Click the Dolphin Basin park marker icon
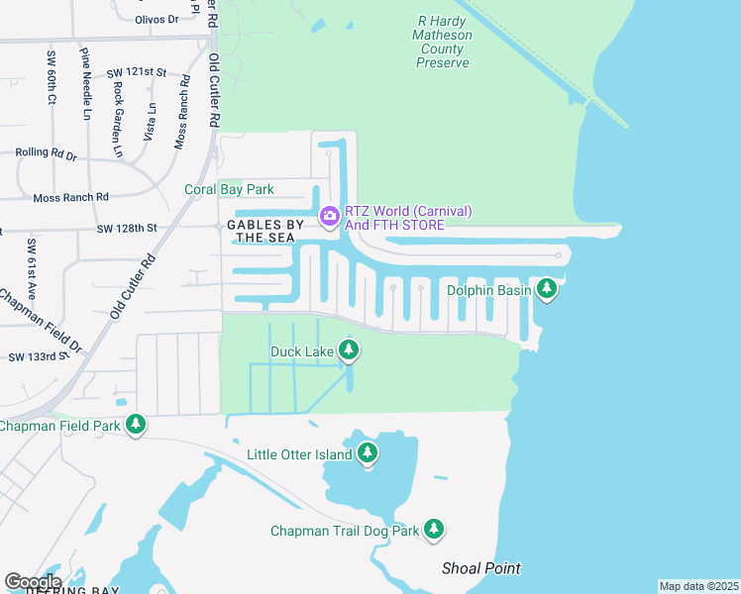pos(546,288)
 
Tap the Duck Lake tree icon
pos(348,349)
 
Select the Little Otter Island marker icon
pos(368,453)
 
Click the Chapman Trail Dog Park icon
pos(434,530)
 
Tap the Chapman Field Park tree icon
pos(136,425)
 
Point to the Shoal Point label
pos(480,568)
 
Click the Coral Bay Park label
pos(229,189)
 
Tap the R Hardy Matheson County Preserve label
pos(443,41)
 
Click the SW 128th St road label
pos(127,229)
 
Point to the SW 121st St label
pos(137,73)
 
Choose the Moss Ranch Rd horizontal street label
pos(70,198)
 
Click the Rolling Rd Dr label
pos(46,153)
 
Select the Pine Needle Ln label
pos(87,84)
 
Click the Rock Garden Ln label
pos(118,119)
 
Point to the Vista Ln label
pos(151,121)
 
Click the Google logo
pos(33,581)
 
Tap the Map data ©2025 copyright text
pos(698,586)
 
